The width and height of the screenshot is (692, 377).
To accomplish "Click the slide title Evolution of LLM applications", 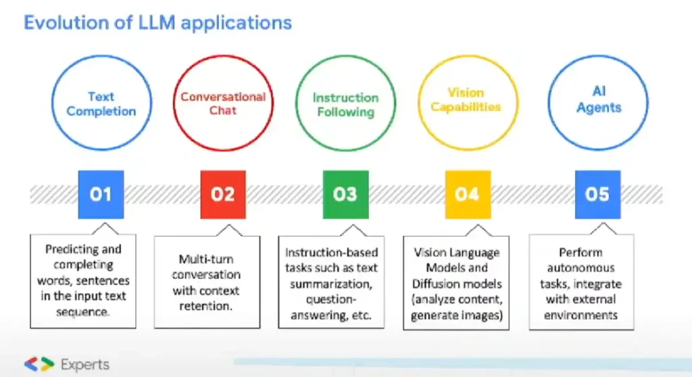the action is click(x=157, y=23).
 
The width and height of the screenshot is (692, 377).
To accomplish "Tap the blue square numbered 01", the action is click(x=101, y=194).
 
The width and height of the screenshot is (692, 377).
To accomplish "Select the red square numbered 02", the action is click(x=223, y=194).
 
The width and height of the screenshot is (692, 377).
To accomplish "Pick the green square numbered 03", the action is click(x=345, y=194).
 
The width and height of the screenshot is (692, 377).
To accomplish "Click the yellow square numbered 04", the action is click(x=468, y=194).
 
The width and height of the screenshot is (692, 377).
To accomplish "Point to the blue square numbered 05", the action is click(x=597, y=194).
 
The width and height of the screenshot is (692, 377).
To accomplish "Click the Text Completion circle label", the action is click(x=101, y=104).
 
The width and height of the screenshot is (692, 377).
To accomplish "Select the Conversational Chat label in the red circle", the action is click(x=223, y=104).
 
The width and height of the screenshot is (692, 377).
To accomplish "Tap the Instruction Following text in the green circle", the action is click(x=345, y=105).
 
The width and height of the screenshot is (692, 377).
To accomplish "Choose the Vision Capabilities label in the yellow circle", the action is click(x=466, y=99).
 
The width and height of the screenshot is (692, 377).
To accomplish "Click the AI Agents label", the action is click(x=599, y=99).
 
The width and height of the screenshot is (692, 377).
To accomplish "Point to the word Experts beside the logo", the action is click(x=84, y=365).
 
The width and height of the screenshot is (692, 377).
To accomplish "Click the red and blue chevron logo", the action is click(x=39, y=364).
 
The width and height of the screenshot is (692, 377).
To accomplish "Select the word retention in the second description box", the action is click(x=205, y=306).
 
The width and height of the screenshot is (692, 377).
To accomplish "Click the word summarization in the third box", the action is click(x=331, y=284).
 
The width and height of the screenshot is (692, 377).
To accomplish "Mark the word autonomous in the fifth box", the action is click(x=580, y=268).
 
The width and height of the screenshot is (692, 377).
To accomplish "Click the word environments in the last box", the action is click(x=580, y=315).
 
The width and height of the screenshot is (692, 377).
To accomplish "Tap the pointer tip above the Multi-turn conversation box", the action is click(x=229, y=225).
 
